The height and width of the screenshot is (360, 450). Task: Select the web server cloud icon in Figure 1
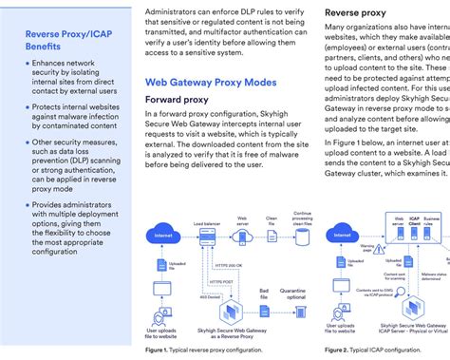pos(243,234)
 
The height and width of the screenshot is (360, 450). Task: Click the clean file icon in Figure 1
pos(272,234)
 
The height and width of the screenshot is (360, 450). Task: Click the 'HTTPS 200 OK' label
pos(228,263)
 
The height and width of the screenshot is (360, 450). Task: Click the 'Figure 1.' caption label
pos(158,350)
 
